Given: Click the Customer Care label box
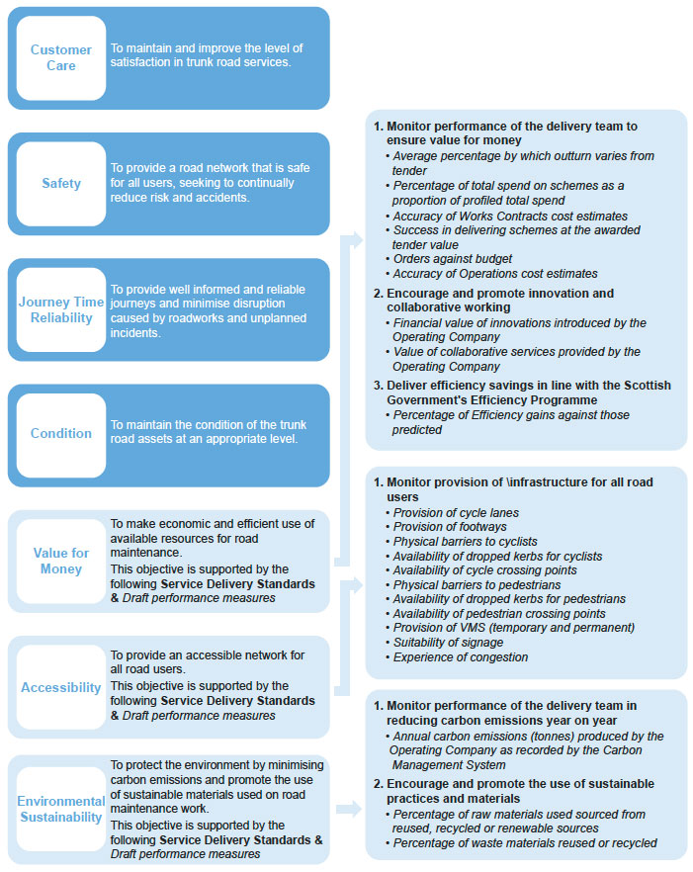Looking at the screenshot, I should [61, 57].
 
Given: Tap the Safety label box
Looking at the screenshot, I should [61, 184].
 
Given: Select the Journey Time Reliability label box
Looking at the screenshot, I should [61, 308].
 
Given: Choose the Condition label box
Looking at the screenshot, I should [61, 434].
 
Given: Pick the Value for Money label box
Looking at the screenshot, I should [61, 561].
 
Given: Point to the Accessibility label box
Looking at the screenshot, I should [61, 687].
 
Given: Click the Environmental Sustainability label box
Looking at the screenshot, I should [61, 809].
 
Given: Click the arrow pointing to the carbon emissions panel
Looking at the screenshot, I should [349, 809].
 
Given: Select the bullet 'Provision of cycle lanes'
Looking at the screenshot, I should [456, 513].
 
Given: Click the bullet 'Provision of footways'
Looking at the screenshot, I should [449, 527].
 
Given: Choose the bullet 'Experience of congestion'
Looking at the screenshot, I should [461, 657].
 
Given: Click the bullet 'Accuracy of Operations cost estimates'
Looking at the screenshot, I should [495, 274].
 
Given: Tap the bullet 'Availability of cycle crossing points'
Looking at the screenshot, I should [485, 570].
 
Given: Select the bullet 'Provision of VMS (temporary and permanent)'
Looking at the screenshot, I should [514, 628].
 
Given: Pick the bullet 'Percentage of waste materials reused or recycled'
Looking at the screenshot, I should [525, 843].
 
